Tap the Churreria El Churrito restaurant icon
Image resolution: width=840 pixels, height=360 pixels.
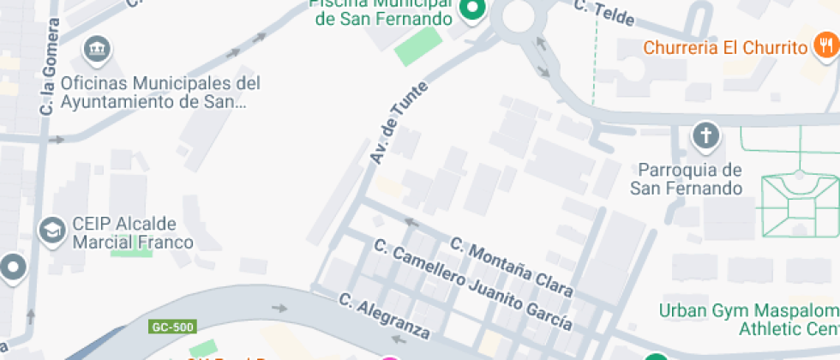[x=823, y=46]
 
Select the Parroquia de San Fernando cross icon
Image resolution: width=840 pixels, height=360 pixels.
[x=705, y=135]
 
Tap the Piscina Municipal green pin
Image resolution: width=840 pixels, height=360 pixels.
[x=471, y=9]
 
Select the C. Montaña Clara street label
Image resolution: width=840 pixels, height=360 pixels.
[x=511, y=266]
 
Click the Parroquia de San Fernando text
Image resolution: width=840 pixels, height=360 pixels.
[x=687, y=178]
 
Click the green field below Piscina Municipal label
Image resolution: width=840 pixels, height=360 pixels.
[x=418, y=46]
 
